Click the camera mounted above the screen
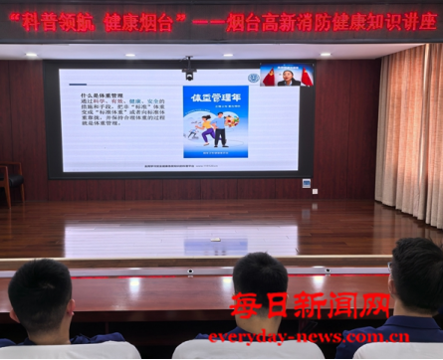[x=188, y=69]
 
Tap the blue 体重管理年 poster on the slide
[x=215, y=121]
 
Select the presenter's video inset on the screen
[x=287, y=76]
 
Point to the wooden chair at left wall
[x=10, y=183]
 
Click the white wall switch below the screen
[x=306, y=183]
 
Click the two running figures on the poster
[x=210, y=126]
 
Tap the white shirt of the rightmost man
[x=403, y=350]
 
